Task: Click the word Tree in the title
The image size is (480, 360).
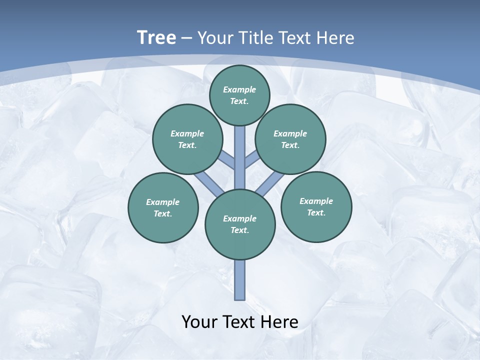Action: tap(156, 37)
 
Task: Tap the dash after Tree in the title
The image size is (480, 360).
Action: tap(186, 38)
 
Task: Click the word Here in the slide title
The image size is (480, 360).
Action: tap(335, 37)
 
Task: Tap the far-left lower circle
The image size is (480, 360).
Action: tap(163, 207)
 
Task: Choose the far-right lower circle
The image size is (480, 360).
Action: tap(316, 206)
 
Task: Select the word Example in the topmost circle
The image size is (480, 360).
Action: tap(239, 89)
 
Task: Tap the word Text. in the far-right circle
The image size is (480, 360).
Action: tap(316, 212)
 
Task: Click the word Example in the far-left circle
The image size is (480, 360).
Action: tap(162, 202)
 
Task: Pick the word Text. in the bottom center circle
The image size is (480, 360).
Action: tap(239, 230)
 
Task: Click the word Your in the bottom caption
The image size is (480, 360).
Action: tap(199, 322)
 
